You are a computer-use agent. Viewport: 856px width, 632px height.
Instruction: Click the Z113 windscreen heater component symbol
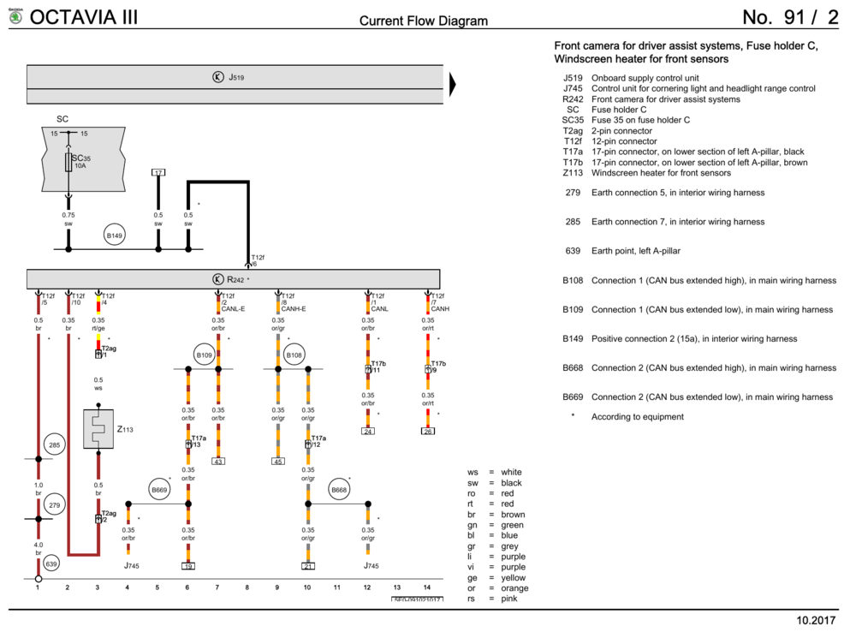[x=98, y=428]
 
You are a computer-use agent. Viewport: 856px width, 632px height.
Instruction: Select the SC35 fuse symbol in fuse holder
[x=68, y=162]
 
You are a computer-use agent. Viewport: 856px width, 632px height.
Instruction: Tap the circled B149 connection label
[x=115, y=236]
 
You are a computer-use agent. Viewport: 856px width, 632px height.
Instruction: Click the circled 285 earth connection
[x=55, y=445]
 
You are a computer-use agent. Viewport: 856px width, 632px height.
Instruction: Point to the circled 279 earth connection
[x=55, y=505]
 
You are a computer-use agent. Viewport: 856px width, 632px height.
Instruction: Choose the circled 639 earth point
[x=52, y=564]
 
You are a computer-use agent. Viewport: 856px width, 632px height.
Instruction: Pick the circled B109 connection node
[x=204, y=355]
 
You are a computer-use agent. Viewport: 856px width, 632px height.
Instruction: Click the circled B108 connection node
[x=294, y=355]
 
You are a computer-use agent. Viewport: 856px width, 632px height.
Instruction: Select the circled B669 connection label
[x=159, y=490]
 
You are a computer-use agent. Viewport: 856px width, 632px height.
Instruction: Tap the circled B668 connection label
[x=339, y=490]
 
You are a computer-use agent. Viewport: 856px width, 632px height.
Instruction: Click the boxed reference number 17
[x=158, y=172]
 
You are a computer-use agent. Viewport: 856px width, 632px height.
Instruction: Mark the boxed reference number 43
[x=218, y=462]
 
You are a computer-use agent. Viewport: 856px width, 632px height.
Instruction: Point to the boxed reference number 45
[x=278, y=462]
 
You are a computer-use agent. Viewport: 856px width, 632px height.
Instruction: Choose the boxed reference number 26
[x=428, y=431]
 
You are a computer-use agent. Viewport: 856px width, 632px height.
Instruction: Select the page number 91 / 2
[x=791, y=17]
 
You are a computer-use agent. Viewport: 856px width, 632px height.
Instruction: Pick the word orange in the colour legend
[x=514, y=588]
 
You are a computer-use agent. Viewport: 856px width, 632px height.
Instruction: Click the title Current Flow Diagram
[x=424, y=21]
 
